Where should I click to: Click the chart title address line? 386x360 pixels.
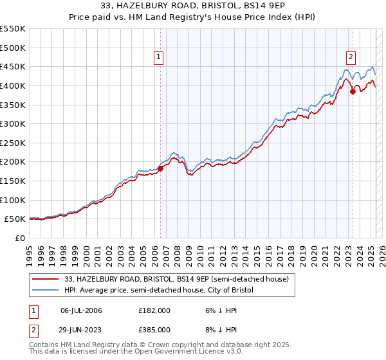point(193,6)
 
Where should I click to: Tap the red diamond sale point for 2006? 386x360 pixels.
point(160,168)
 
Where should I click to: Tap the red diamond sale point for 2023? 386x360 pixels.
point(353,91)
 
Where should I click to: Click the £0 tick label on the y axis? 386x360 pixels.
point(20,238)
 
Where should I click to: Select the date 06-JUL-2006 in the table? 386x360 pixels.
point(82,310)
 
